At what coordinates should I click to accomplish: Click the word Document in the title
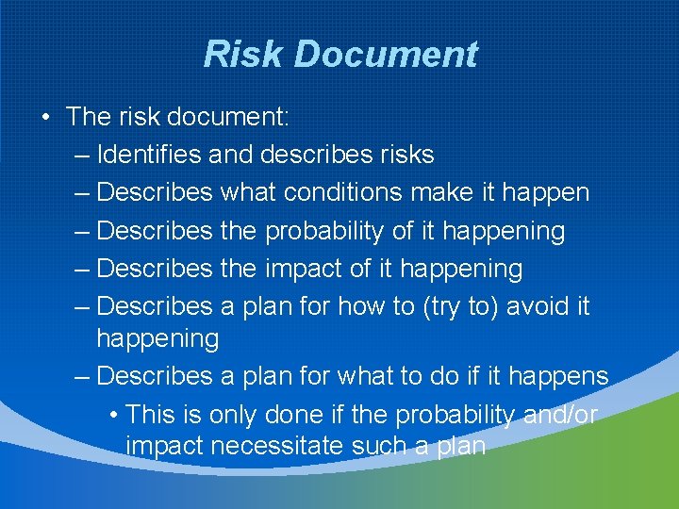387,54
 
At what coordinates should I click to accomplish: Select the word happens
558,377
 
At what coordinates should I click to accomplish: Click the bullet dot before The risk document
44,117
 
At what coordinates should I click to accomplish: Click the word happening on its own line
157,338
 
